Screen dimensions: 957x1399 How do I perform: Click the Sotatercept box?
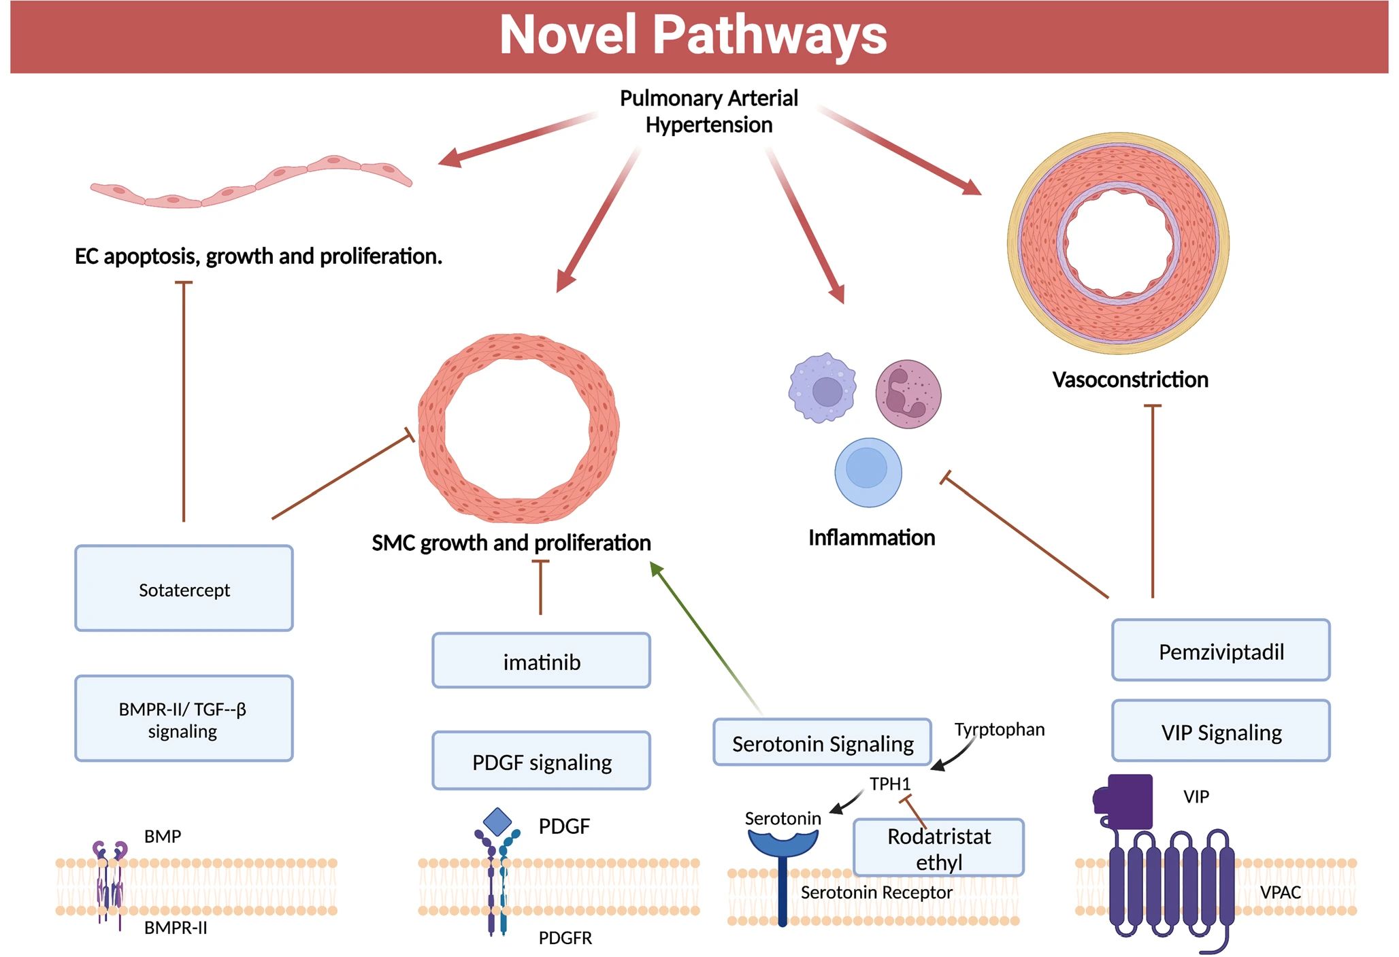pos(184,589)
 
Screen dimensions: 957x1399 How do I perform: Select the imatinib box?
pos(541,661)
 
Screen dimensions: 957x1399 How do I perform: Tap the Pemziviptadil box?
pos(1221,651)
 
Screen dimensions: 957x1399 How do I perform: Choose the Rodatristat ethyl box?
pos(938,848)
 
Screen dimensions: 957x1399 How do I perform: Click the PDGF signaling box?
pos(541,761)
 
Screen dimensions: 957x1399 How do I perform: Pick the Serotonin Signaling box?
pos(822,743)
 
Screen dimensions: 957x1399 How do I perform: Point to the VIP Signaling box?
pos(1221,731)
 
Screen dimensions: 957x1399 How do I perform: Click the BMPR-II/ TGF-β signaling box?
pos(184,719)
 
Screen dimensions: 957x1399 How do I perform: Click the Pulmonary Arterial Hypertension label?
pos(708,112)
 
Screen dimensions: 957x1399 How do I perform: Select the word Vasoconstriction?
pos(1130,380)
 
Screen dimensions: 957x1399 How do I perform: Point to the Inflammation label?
pos(871,538)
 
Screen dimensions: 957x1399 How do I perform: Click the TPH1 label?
pos(889,784)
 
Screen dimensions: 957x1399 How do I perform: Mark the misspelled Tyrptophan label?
pos(999,730)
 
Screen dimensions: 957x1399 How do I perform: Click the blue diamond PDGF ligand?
pos(497,822)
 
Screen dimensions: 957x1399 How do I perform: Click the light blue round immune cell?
pos(868,472)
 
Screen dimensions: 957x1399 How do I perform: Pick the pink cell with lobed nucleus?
pos(908,394)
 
